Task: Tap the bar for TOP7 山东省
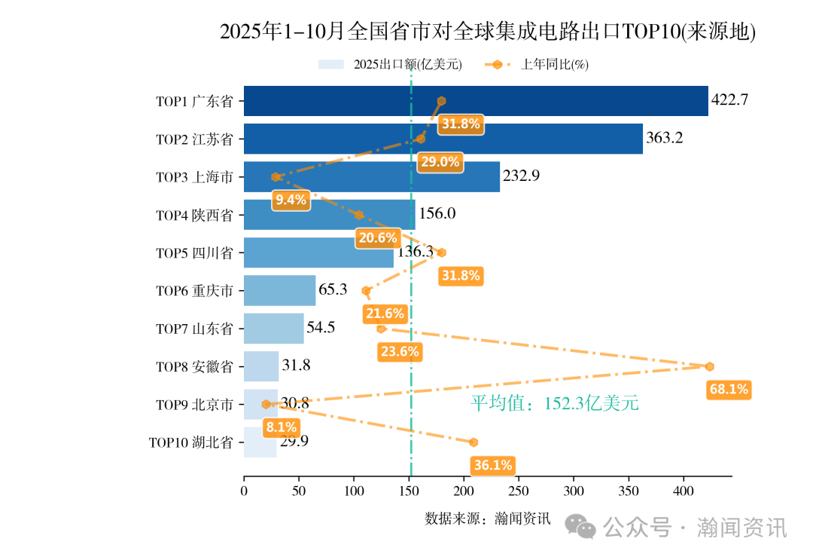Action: (273, 329)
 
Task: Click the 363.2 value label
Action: (665, 138)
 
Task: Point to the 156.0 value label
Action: (437, 214)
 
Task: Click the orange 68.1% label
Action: (729, 389)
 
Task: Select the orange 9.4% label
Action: (291, 200)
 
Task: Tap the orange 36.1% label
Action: (493, 465)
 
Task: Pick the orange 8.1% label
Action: (281, 427)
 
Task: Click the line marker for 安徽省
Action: (709, 366)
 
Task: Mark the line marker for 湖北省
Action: (473, 442)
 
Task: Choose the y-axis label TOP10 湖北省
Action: (190, 442)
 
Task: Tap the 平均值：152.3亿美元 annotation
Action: (554, 403)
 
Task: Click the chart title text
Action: (487, 32)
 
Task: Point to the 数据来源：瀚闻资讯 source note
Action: (488, 519)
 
